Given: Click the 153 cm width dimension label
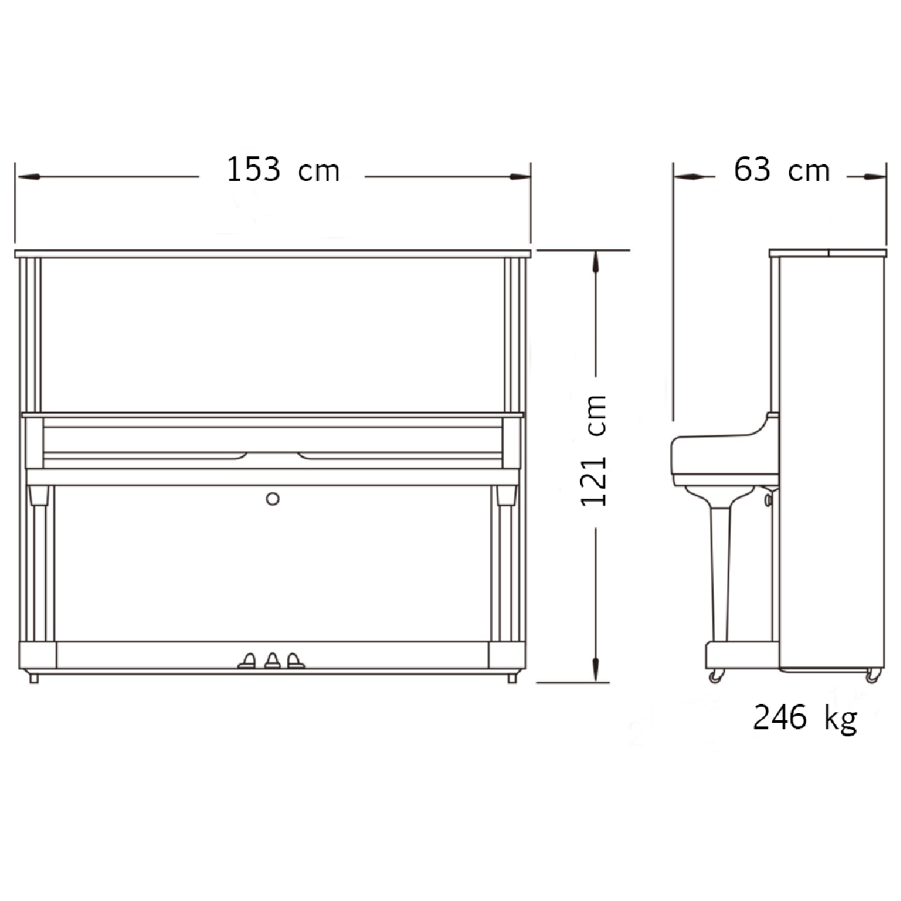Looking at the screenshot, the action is pos(283,169).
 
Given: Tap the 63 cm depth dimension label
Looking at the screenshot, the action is pos(781,169).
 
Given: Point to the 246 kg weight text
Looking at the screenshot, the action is pos(805,718).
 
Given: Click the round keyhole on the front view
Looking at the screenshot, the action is pos(272,499).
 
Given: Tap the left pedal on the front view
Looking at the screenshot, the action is pos(247,661).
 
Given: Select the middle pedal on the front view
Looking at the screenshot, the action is pos(272,661).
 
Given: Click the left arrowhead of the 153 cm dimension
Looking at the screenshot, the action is pos(29,177).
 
